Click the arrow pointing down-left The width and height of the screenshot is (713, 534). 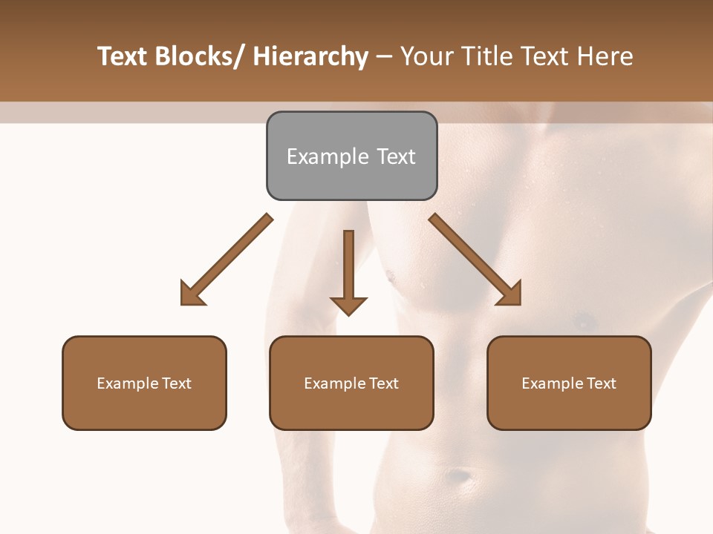[x=225, y=260]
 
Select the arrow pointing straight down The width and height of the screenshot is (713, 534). [x=348, y=271]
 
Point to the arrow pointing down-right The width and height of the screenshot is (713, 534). [x=476, y=260]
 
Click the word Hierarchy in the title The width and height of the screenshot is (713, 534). [x=311, y=57]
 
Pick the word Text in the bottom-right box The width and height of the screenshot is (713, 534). [x=601, y=383]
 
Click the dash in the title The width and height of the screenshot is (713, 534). [x=384, y=57]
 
